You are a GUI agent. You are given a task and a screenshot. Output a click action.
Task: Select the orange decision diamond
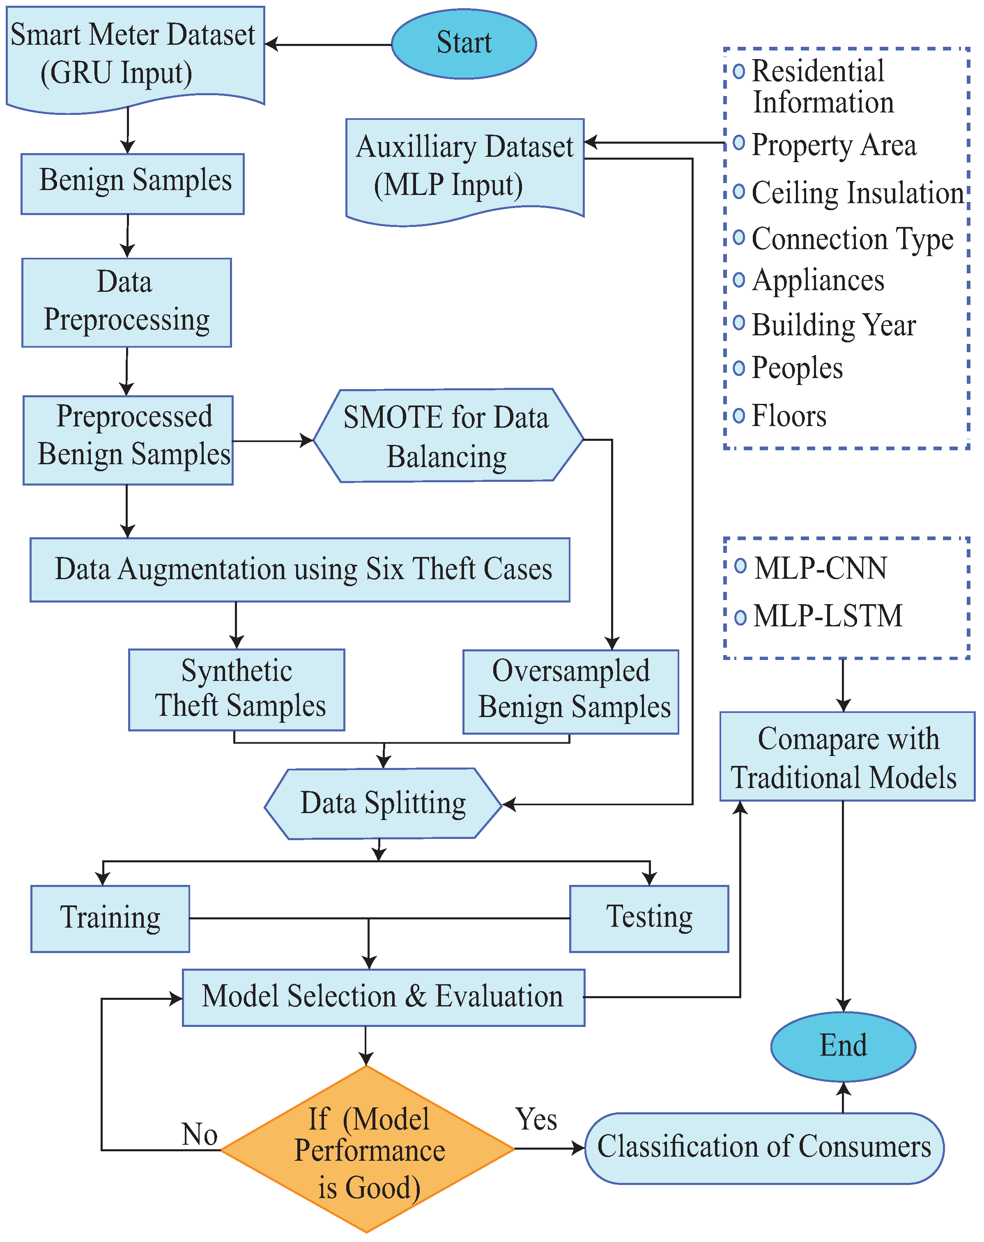point(367,1149)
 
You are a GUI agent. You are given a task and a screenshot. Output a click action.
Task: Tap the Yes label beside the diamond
point(536,1119)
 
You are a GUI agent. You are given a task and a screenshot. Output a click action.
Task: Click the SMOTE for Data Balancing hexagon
point(448,436)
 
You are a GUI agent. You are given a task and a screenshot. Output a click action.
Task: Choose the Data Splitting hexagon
point(383,803)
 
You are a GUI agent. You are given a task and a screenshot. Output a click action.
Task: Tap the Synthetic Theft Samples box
point(237,689)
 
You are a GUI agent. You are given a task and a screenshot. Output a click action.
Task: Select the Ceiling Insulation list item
point(857,193)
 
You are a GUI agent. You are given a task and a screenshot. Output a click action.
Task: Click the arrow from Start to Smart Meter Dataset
point(329,44)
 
